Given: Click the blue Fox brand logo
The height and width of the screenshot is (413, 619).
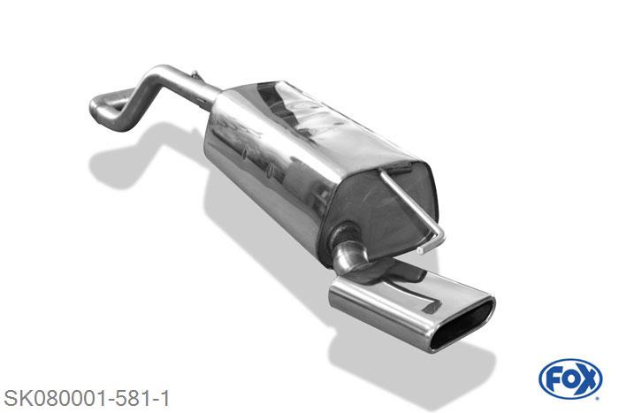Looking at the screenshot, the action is tap(570, 379).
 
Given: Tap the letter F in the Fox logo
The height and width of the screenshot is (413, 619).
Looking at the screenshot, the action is tap(553, 379).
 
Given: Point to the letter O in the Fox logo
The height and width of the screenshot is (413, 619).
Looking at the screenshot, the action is tap(569, 379).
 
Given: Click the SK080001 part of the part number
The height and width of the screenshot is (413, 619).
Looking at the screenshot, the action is tap(57, 399).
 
